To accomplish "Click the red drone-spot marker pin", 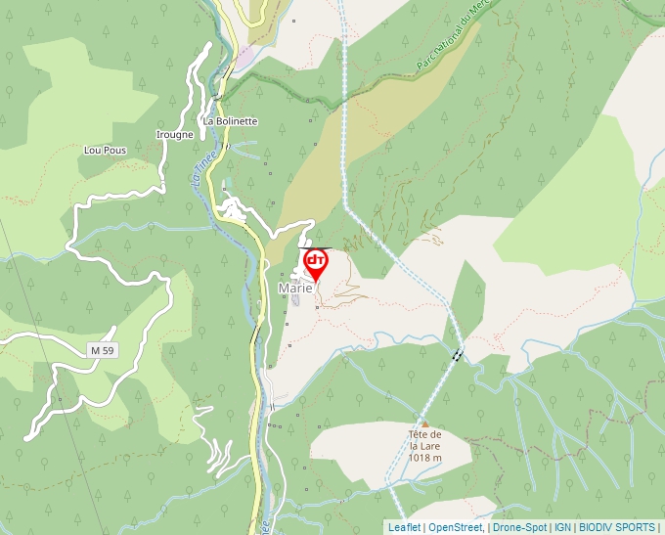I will tap(316, 263).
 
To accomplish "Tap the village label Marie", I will tap(295, 289).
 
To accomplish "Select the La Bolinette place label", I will tap(230, 121).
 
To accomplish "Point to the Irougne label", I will tap(175, 135).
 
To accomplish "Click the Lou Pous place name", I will tap(106, 151).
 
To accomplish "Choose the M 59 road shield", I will tap(102, 350).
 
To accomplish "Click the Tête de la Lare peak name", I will tap(426, 440).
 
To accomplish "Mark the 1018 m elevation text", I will tap(425, 458).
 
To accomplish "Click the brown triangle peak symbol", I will tap(424, 424).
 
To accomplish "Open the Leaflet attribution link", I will tap(404, 527).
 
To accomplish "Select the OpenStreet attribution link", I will tap(456, 527).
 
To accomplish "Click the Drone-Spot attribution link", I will tap(519, 527).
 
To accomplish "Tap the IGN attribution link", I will tap(562, 527).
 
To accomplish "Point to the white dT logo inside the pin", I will tap(316, 260).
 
